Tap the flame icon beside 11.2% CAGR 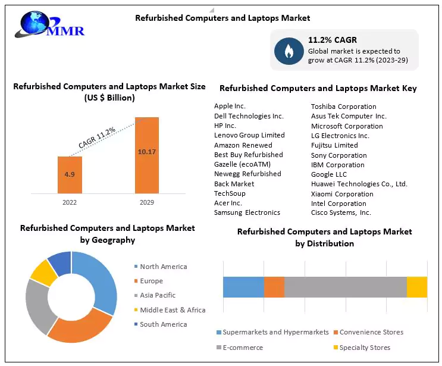tap(289, 51)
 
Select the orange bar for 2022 tap(70, 174)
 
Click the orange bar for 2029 tap(146, 155)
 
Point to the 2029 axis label tap(146, 202)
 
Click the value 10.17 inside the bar tap(146, 152)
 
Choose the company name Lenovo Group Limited tap(249, 135)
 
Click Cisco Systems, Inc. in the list tap(341, 212)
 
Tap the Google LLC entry tap(328, 174)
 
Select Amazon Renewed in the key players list tap(243, 145)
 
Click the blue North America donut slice tap(98, 280)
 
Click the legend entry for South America tap(163, 324)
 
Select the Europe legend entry tap(151, 281)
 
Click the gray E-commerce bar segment tap(345, 287)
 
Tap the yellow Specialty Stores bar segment tap(416, 287)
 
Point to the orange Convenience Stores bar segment tap(274, 287)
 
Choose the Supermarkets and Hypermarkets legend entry tap(275, 332)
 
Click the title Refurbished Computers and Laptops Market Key tap(318, 88)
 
